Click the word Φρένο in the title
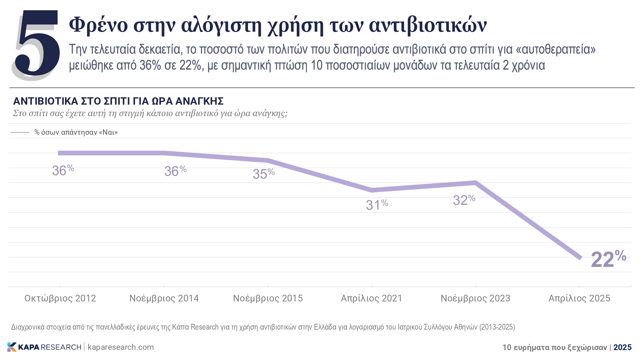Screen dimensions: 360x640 [x=98, y=25]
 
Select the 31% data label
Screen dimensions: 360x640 [x=377, y=205]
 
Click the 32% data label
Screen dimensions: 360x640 [x=464, y=200]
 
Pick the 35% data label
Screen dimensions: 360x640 [x=263, y=174]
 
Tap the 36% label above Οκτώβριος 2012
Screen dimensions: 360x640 [x=63, y=170]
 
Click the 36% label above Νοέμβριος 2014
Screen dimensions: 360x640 [x=175, y=171]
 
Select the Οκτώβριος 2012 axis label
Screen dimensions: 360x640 [x=60, y=298]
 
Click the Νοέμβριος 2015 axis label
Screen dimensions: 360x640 [x=268, y=298]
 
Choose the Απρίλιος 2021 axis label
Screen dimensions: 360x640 [x=371, y=298]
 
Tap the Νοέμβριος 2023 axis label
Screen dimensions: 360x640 [x=475, y=298]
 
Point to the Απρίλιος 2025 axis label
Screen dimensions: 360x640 [x=579, y=298]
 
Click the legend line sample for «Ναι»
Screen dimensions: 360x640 [x=20, y=132]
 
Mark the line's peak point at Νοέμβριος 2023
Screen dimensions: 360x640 [x=476, y=183]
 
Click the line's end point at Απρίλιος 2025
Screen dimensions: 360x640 [x=580, y=258]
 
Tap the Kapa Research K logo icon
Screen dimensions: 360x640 [x=12, y=347]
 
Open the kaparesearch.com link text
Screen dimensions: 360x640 [x=121, y=347]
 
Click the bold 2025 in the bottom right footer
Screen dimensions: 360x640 [x=622, y=347]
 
